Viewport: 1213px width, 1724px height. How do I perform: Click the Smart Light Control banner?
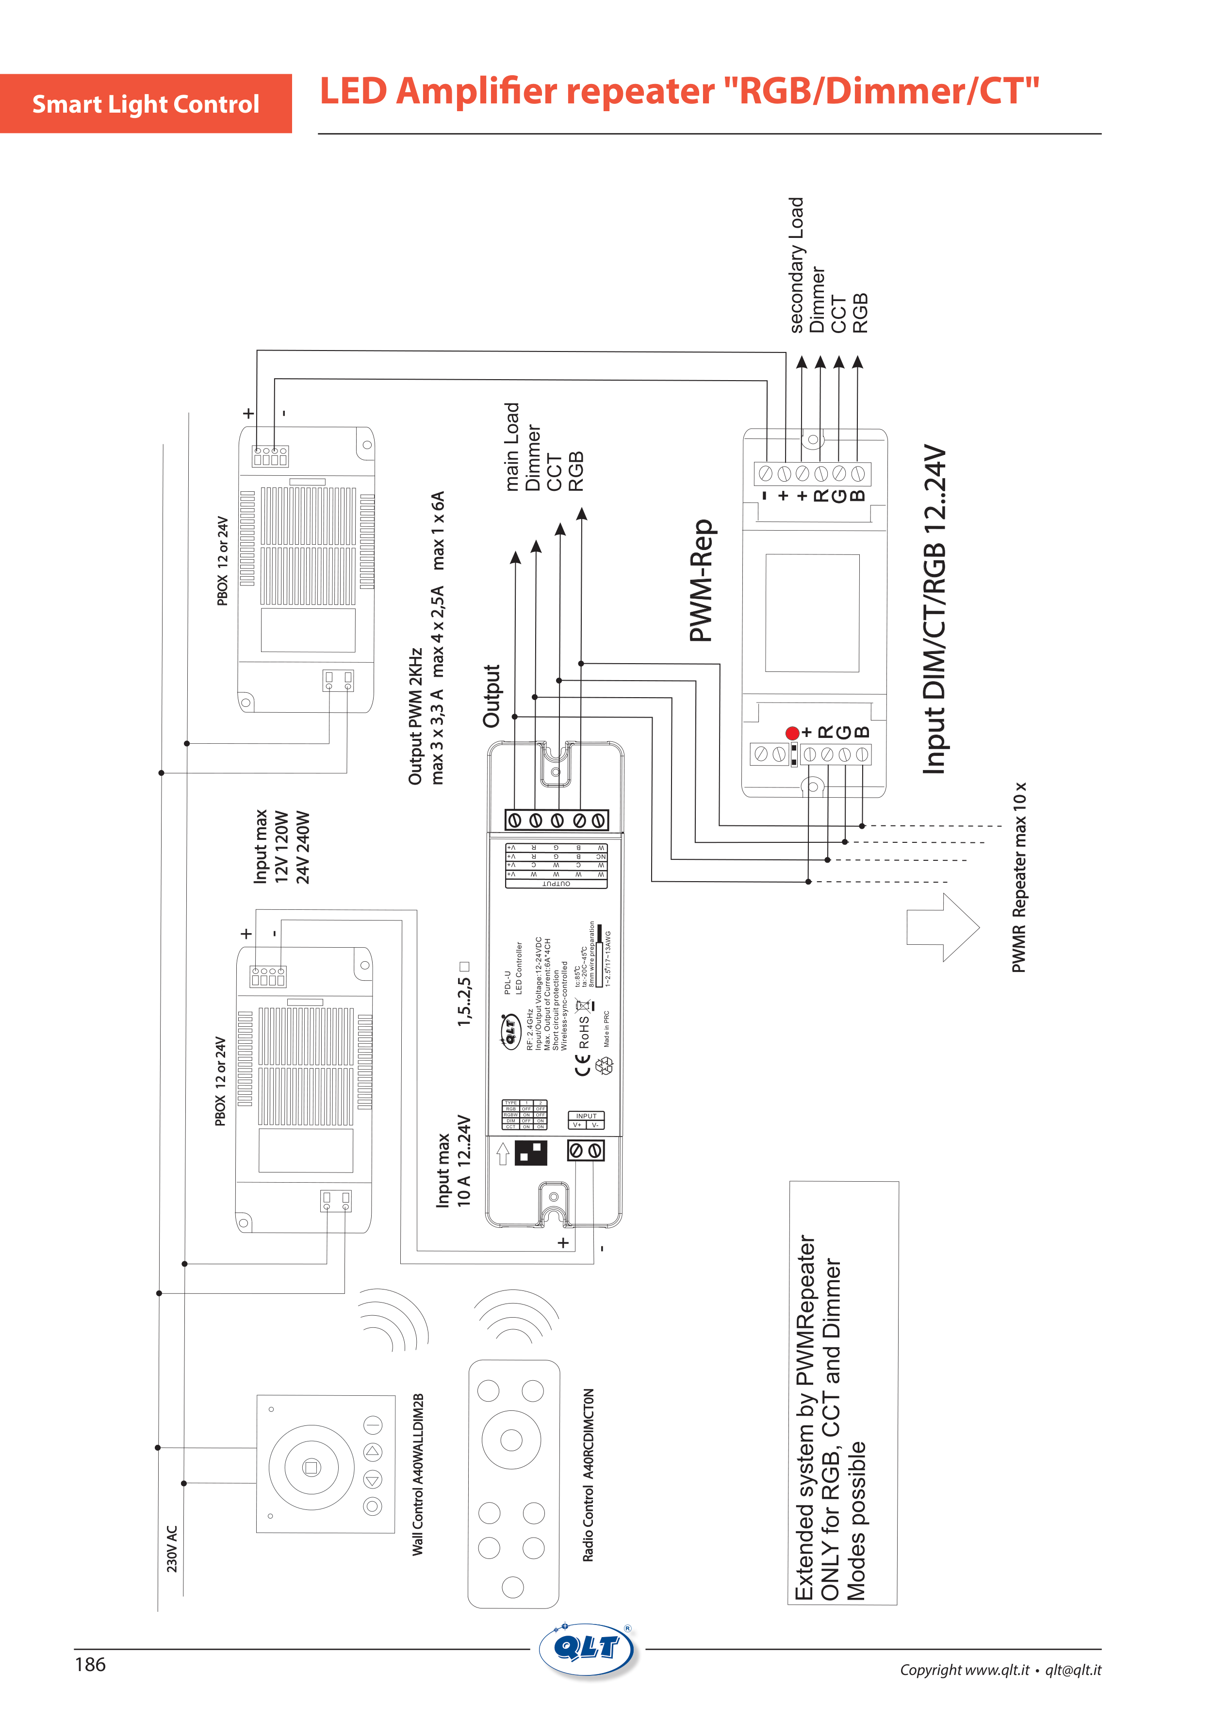[146, 103]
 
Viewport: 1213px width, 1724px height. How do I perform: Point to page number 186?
[90, 1665]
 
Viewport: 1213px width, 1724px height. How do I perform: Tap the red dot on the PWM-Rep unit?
[792, 733]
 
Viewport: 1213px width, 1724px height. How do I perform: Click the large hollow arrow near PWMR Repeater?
[943, 927]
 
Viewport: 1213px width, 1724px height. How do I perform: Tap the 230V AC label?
[172, 1548]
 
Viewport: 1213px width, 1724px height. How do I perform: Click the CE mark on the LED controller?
[582, 1065]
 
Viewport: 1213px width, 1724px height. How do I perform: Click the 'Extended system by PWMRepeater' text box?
[842, 1393]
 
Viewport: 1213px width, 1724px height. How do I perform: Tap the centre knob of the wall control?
[311, 1467]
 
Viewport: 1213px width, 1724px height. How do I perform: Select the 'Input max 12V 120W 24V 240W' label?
[281, 846]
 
